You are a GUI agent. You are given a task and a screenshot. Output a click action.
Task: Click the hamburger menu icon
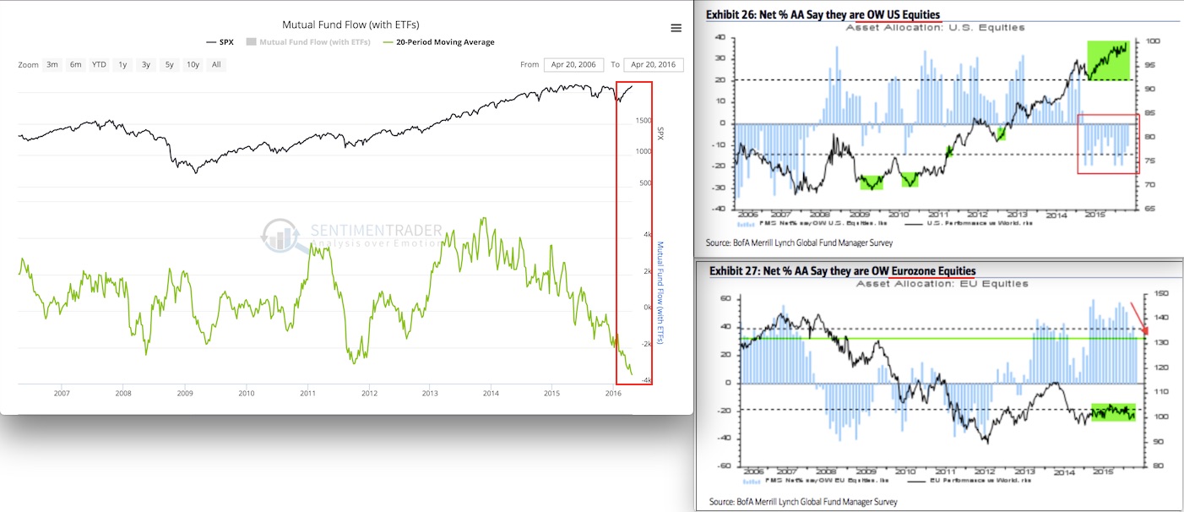(676, 28)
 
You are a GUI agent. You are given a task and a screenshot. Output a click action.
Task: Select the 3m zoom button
(52, 64)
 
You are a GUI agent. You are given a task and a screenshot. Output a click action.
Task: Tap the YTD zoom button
(99, 64)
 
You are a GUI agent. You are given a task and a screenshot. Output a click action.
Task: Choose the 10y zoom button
(193, 64)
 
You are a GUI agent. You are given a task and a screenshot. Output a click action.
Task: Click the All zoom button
(216, 64)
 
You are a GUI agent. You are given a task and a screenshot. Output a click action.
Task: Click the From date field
(573, 64)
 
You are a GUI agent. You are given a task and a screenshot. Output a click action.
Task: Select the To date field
(653, 64)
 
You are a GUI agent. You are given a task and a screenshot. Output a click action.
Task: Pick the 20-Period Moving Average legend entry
(438, 42)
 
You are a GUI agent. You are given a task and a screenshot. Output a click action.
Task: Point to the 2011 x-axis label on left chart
(307, 393)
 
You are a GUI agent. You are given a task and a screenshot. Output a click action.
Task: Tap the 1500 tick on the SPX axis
(644, 121)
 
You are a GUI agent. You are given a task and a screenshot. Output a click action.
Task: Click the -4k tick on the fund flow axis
(646, 380)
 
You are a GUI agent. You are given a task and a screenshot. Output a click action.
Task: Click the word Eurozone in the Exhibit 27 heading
(946, 270)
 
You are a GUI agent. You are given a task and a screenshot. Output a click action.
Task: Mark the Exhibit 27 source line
(803, 501)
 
